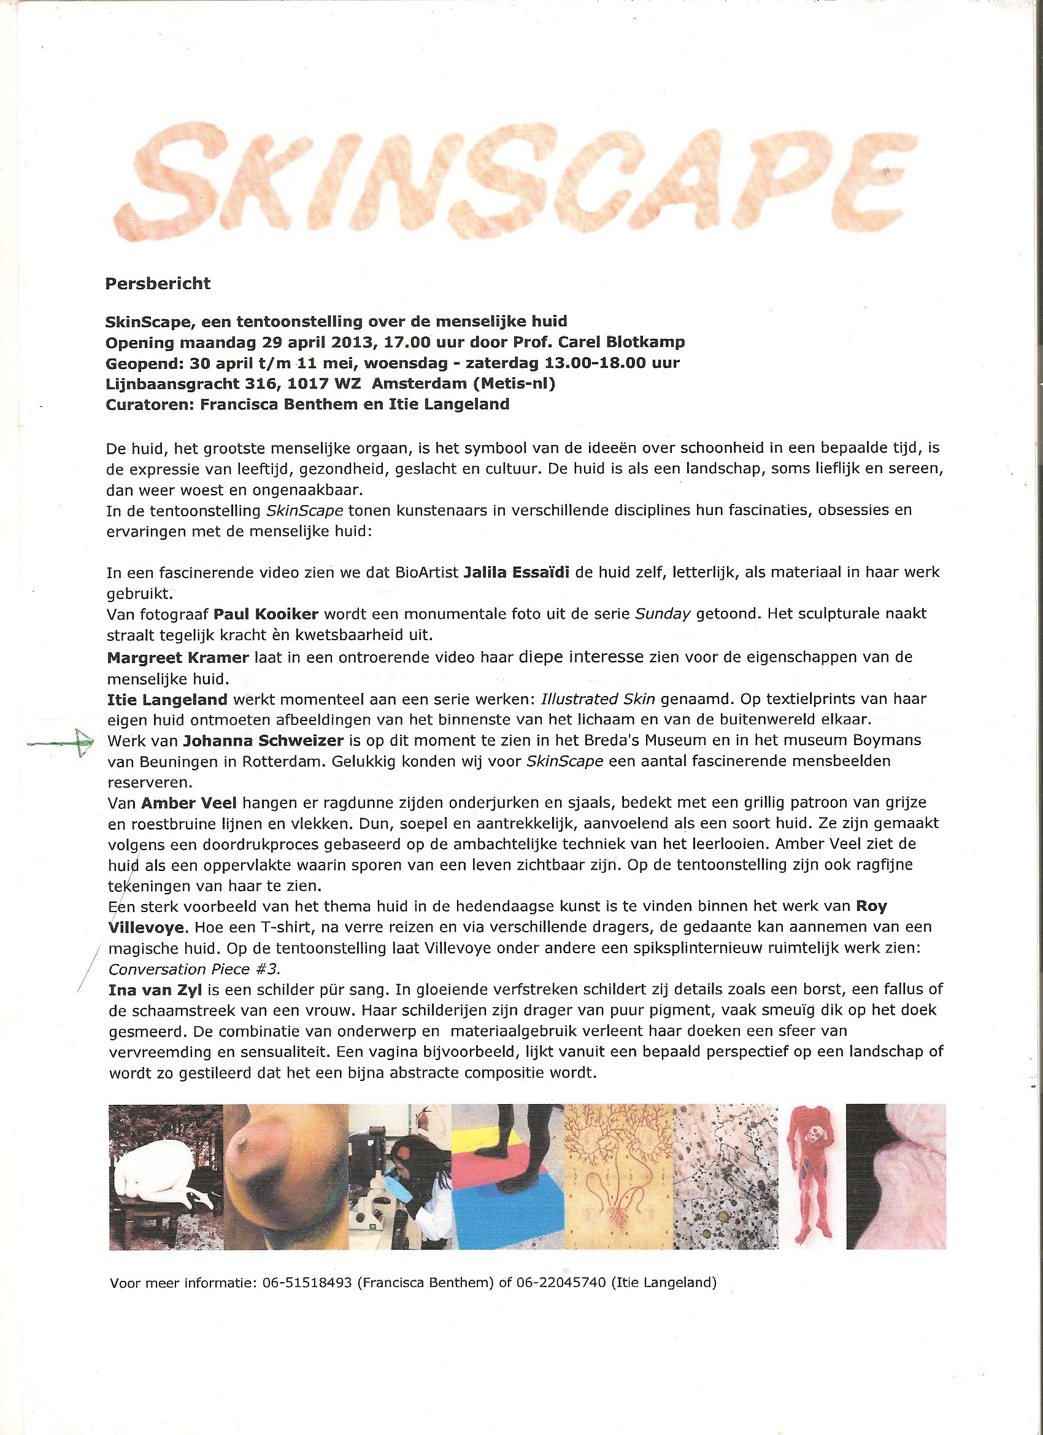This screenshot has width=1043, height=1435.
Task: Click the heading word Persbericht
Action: pos(158,284)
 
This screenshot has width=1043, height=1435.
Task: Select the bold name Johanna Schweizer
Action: pos(263,740)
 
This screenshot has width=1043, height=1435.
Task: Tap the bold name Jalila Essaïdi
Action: pos(516,572)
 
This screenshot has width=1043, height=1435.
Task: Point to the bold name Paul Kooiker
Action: pos(266,614)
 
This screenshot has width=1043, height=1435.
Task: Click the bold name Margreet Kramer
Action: pos(178,657)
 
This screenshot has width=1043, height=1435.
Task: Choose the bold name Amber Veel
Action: pos(188,803)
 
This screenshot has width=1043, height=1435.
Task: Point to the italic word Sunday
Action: pos(661,614)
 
